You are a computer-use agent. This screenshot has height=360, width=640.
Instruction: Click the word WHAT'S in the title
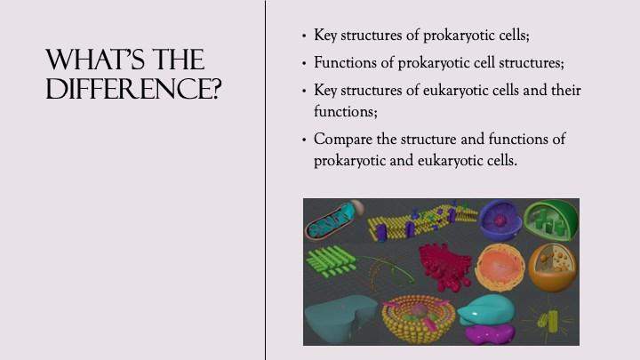95,60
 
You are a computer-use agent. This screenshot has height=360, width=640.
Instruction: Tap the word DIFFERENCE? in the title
133,89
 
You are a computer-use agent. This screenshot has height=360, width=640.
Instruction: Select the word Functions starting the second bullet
346,62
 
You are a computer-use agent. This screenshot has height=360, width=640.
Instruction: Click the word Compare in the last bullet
343,140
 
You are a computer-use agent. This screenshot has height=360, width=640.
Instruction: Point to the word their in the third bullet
566,90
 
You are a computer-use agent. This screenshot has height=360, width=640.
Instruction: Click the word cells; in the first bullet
515,35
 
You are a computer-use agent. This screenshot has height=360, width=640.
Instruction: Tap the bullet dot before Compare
304,140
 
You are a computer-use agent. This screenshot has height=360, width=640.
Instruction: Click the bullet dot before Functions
304,63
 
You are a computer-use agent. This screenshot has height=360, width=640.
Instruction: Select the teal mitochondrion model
332,220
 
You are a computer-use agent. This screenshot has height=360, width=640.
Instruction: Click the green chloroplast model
551,220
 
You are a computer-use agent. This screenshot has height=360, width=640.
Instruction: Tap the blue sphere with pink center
500,220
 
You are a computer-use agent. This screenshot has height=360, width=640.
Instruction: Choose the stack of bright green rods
331,261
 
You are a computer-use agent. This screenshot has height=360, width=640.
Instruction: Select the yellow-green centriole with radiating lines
548,320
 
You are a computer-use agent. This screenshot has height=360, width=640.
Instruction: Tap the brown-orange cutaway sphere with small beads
553,268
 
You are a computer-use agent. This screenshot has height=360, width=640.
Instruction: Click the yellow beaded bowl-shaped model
417,318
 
